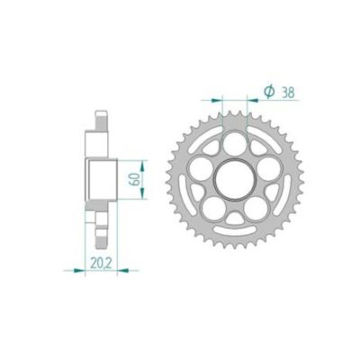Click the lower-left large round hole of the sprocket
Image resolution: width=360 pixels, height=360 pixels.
point(213,207)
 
